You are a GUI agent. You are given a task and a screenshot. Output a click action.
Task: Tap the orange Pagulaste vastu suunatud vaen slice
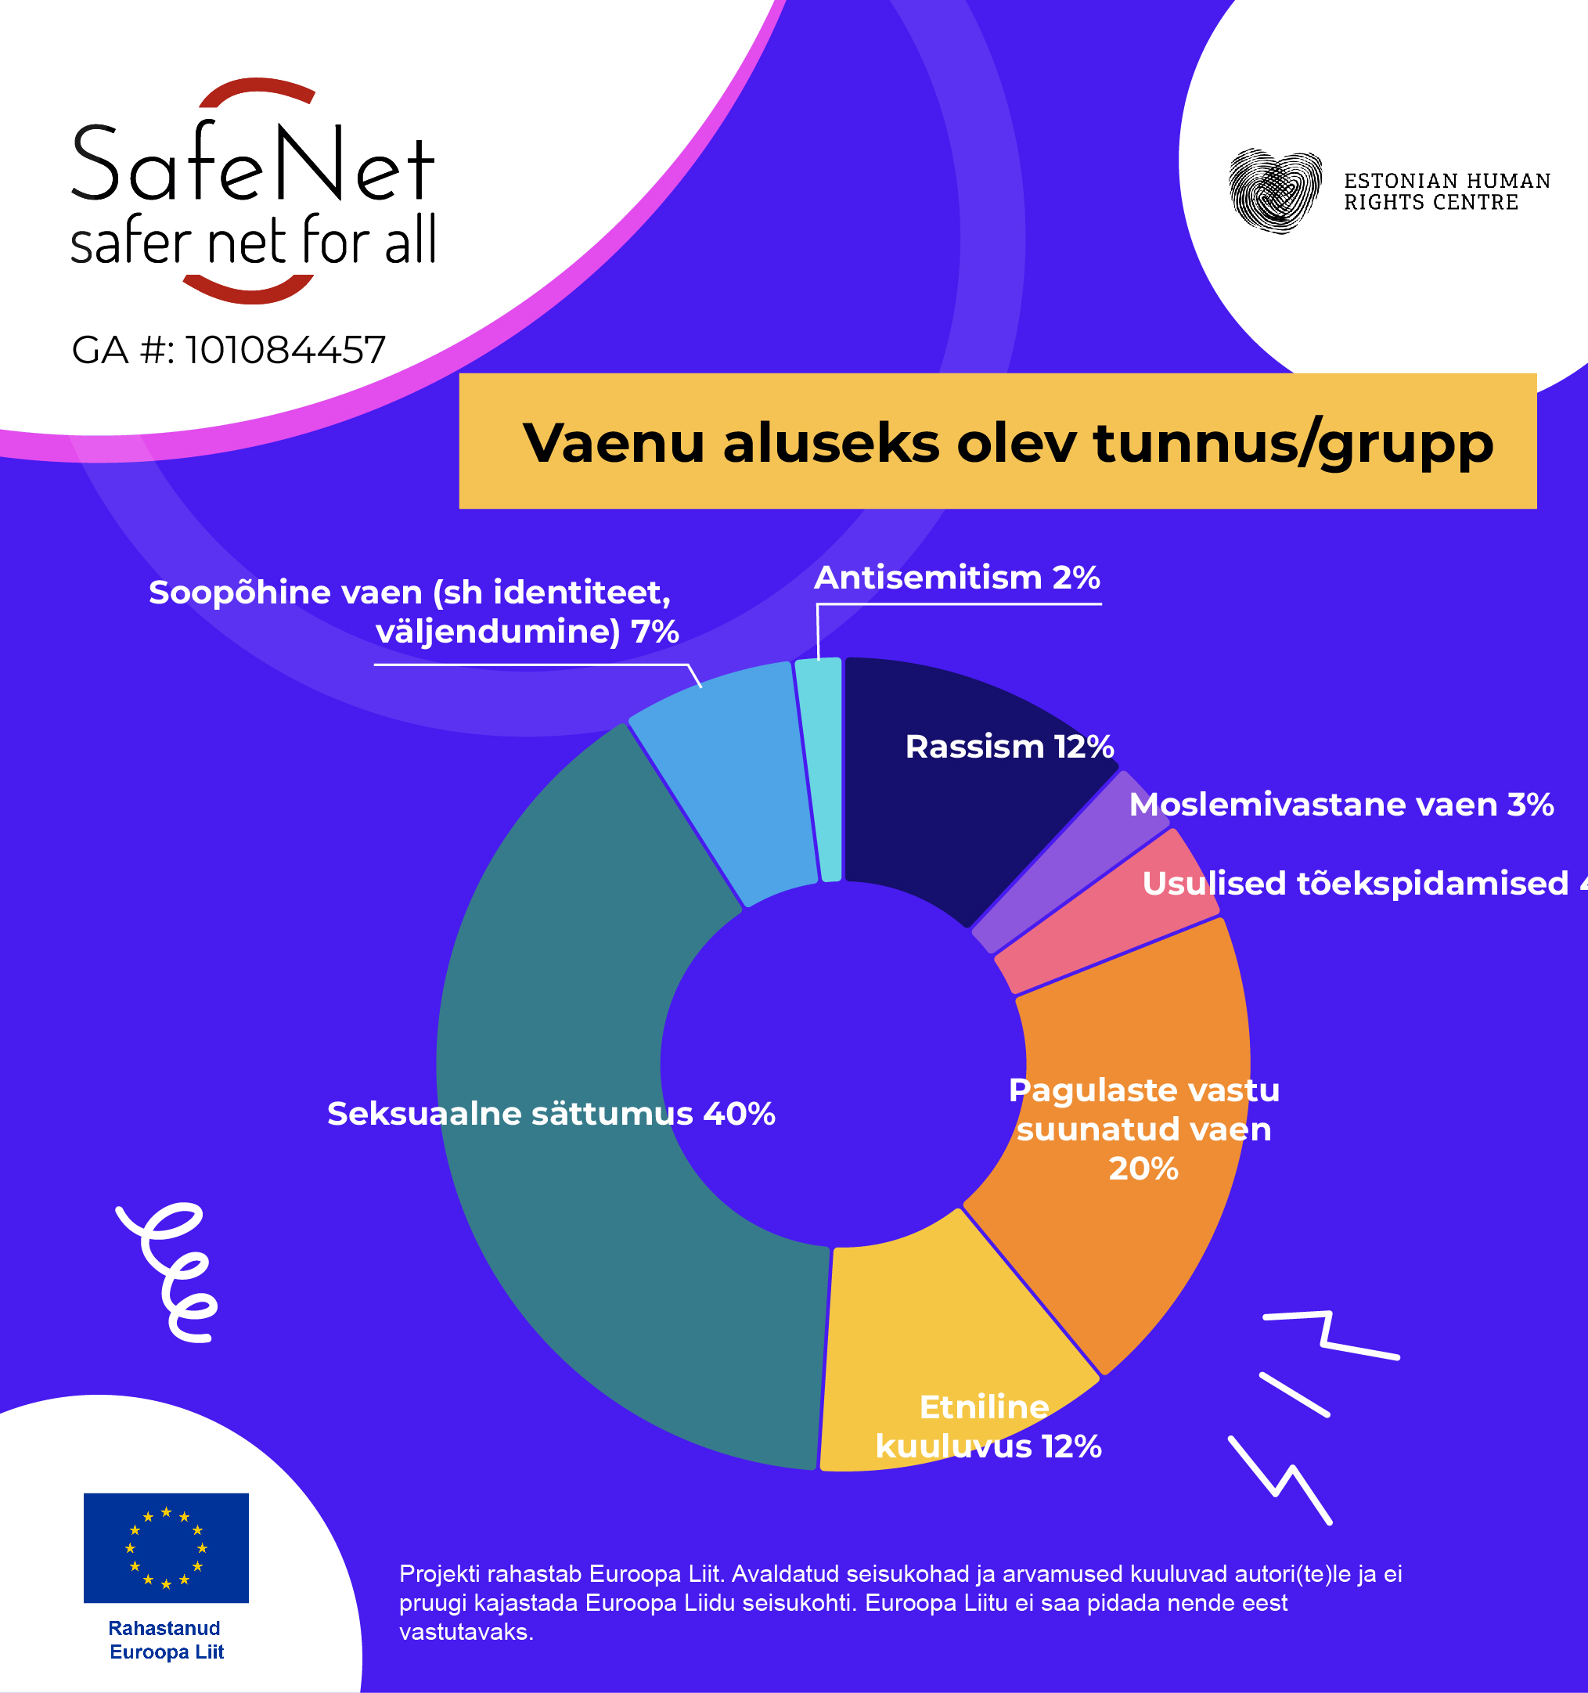pos(1132,1192)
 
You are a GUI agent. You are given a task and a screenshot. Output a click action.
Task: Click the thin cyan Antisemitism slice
pos(830,766)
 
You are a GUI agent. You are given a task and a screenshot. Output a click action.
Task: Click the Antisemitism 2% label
pos(956,578)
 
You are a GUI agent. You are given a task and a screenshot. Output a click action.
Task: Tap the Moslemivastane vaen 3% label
pos(1341,805)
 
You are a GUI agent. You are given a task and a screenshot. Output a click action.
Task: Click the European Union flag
pos(166,1547)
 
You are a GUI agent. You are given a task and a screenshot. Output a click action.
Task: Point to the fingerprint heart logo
pos(1275,191)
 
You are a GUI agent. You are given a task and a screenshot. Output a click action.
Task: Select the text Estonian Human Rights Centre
pos(1446,192)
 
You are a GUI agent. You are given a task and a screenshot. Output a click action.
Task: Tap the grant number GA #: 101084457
pos(229,350)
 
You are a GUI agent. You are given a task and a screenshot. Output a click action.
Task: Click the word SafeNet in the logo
pos(253,164)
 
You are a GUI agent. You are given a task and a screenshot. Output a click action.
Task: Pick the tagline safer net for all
pos(253,241)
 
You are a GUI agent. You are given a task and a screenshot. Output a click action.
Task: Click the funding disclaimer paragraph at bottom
pos(900,1602)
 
